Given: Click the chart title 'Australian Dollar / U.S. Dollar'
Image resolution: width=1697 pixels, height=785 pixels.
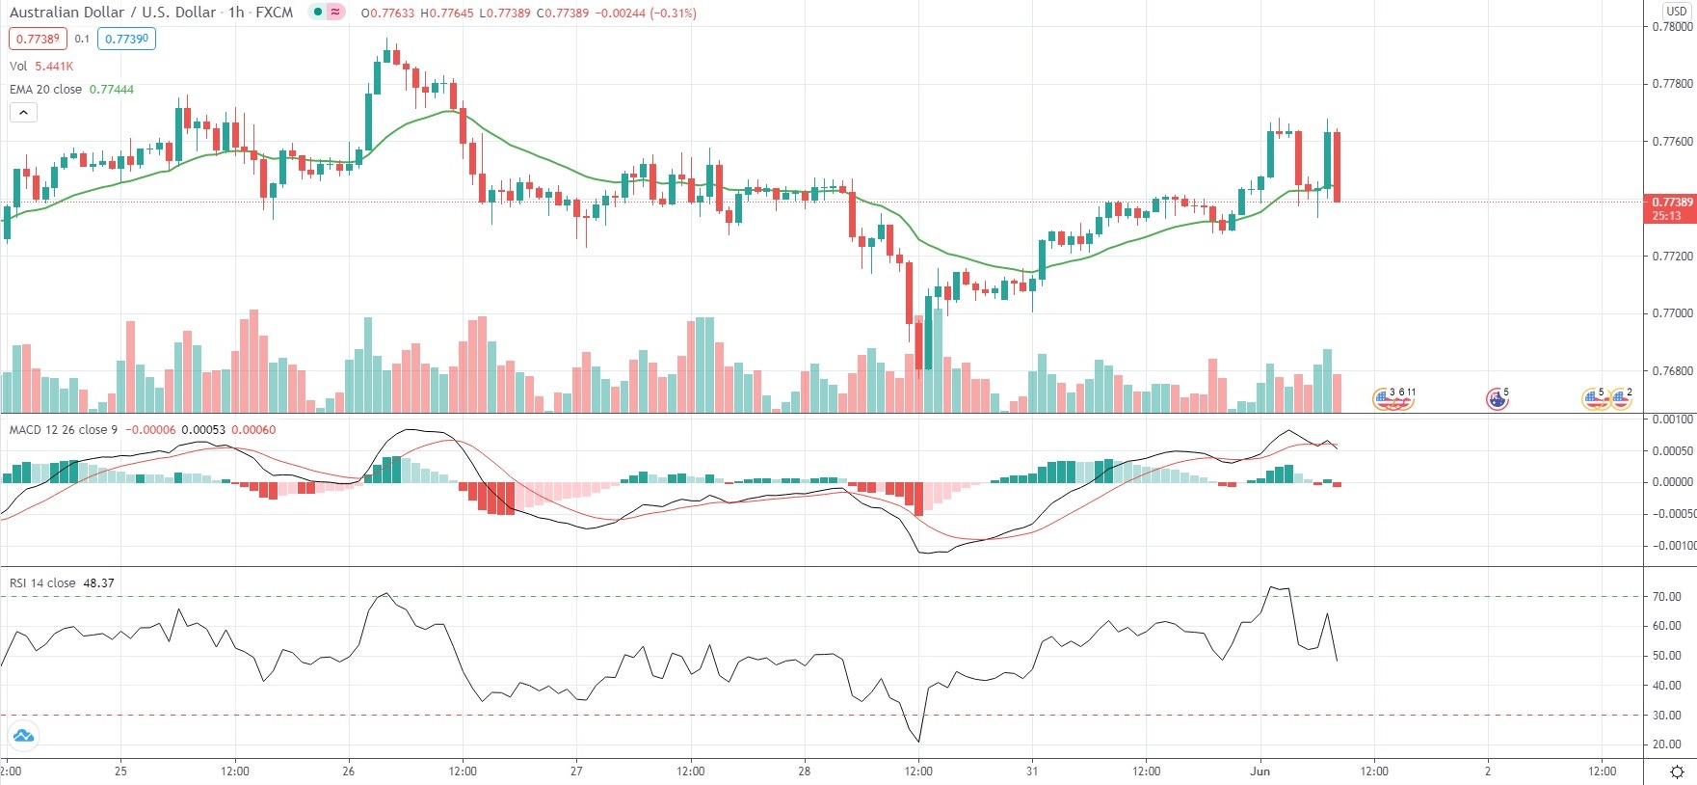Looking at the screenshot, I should point(112,13).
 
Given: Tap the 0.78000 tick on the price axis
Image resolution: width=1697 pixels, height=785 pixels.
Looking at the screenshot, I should point(1672,26).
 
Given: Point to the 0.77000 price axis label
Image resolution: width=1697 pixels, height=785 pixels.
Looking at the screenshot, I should point(1672,313).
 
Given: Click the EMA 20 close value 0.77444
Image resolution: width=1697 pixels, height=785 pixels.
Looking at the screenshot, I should point(112,90).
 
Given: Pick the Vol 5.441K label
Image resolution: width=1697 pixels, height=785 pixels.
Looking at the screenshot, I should point(41,67).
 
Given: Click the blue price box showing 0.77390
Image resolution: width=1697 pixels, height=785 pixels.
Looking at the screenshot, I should point(126,40).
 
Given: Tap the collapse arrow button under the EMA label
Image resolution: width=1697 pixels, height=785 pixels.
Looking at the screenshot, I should point(23,113).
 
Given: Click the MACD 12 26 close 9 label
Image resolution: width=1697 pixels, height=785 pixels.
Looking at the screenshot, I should point(64,430).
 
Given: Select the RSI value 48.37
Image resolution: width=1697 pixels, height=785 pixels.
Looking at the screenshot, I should point(99,583).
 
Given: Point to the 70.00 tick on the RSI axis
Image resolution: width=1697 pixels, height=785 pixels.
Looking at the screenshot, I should point(1667,597).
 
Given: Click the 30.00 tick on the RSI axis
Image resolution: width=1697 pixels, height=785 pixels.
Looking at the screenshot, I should point(1667,716).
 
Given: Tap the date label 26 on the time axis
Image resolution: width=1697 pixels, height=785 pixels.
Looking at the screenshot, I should point(349,771).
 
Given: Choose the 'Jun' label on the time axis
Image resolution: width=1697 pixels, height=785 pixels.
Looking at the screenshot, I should point(1259,771).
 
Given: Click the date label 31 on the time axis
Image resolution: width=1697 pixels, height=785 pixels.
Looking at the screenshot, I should point(1032,771).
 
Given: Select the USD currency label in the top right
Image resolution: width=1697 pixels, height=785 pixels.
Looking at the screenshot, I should point(1676,11).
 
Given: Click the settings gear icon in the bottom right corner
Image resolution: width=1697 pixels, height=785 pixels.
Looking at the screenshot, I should point(1677,771).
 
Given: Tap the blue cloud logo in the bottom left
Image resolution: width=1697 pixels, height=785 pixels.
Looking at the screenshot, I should point(23,737).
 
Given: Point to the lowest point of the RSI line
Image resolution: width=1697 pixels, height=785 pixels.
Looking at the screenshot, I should point(919,742).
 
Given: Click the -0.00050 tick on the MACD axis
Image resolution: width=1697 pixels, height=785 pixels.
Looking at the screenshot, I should point(1675,514).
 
